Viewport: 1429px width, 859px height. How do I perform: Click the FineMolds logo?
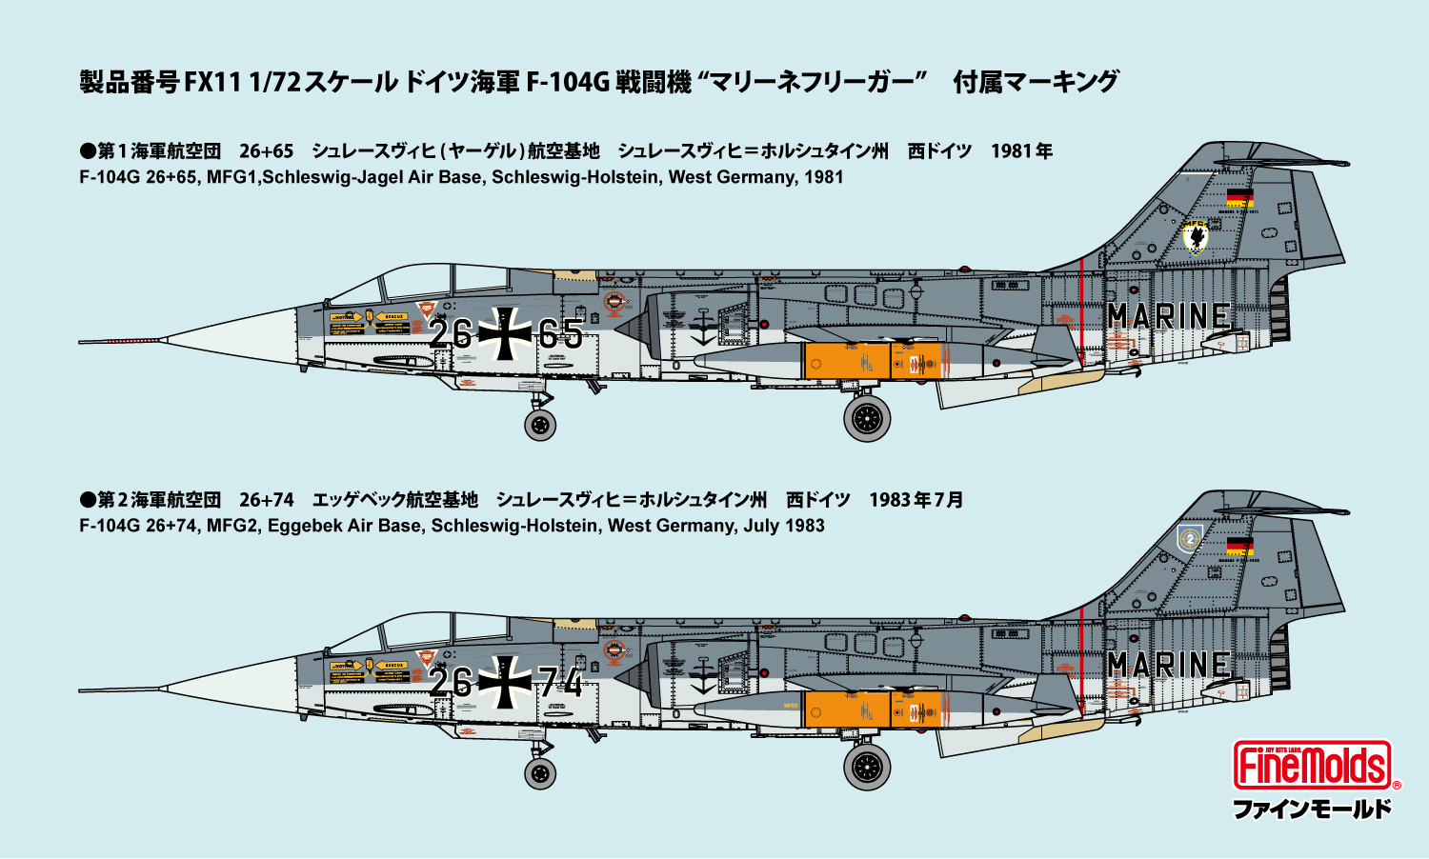coord(1312,766)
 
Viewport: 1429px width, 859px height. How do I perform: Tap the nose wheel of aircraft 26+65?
coord(540,424)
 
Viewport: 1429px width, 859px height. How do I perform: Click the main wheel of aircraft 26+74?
coord(867,767)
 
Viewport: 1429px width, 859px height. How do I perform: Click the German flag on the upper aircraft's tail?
coord(1239,198)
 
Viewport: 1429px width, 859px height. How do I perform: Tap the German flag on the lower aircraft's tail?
coord(1239,547)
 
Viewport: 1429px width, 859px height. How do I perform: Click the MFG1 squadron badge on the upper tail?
coord(1195,236)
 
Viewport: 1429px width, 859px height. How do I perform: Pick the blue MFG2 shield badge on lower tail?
coord(1189,539)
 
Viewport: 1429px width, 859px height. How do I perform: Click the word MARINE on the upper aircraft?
coord(1168,316)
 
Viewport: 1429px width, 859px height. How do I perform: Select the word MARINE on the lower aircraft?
coord(1168,665)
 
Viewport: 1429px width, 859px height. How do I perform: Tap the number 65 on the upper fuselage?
coord(560,334)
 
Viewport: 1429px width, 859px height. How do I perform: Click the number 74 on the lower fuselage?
coord(560,683)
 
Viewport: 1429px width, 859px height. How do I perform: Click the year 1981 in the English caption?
coord(824,177)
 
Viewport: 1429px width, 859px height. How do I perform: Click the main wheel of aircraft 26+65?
coord(867,418)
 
